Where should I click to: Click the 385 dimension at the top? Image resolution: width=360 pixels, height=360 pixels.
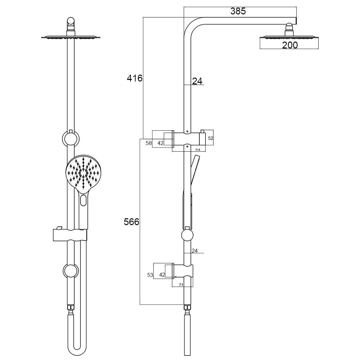tap(238, 11)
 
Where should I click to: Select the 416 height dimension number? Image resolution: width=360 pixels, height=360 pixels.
tap(135, 79)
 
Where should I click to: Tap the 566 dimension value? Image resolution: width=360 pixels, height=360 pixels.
tap(132, 222)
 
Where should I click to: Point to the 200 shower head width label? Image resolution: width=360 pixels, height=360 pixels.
tap(290, 45)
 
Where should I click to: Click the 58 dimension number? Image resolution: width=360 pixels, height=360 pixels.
tap(149, 143)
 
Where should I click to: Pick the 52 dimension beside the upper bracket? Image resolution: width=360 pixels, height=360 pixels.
tap(210, 138)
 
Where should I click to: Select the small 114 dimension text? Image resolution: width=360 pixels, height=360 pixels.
tap(198, 150)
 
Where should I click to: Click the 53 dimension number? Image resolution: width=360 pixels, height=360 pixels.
tap(150, 275)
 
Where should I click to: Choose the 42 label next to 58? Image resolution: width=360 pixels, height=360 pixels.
tap(160, 143)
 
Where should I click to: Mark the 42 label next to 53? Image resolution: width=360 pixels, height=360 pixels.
tap(162, 275)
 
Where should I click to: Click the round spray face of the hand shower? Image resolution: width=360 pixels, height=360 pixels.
tap(83, 172)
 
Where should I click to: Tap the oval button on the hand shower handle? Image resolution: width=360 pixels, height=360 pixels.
tap(83, 200)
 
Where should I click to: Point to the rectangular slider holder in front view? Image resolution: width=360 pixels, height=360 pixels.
tap(70, 235)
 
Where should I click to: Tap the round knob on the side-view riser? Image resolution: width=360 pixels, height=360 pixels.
tap(187, 235)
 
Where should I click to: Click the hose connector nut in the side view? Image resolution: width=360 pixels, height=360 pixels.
tap(187, 308)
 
